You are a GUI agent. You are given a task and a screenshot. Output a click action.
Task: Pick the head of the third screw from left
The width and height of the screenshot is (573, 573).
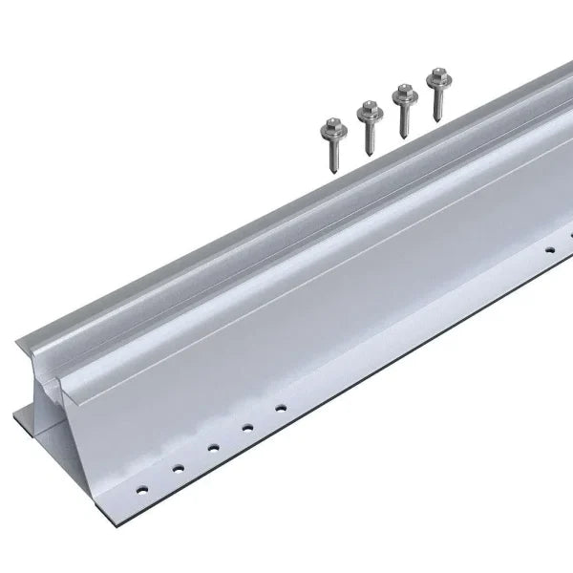pos(404,91)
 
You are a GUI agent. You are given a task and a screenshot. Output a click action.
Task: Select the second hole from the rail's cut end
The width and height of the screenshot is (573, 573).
pos(178,467)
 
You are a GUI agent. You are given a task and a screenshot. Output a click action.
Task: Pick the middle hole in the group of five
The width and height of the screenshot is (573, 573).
pos(213,446)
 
